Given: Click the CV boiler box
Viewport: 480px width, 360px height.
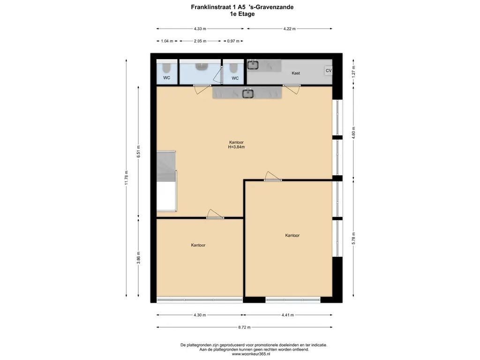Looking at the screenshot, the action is pyautogui.click(x=329, y=71).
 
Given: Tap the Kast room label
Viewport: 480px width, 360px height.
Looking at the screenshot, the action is pyautogui.click(x=296, y=73).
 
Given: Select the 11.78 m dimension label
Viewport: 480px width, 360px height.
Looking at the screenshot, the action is pyautogui.click(x=127, y=178).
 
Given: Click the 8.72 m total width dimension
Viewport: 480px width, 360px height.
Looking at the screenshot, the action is pyautogui.click(x=244, y=327).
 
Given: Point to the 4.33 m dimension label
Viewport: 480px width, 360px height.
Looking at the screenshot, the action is pyautogui.click(x=200, y=29).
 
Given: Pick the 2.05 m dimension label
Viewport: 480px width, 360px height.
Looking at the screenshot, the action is pyautogui.click(x=200, y=41).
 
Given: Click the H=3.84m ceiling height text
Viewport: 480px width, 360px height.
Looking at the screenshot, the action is pyautogui.click(x=236, y=147).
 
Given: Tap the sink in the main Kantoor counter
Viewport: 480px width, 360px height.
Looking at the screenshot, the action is pyautogui.click(x=248, y=93).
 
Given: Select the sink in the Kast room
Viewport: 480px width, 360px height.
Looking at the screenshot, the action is pyautogui.click(x=253, y=65).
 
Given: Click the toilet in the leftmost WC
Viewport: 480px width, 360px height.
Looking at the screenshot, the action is pyautogui.click(x=167, y=67).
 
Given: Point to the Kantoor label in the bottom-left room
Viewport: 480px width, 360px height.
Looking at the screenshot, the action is pyautogui.click(x=198, y=245).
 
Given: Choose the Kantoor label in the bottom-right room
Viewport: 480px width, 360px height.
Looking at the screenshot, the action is pyautogui.click(x=292, y=235).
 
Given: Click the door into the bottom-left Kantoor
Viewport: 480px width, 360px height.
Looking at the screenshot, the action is pyautogui.click(x=215, y=214).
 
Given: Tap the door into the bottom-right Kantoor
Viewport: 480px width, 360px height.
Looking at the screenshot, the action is pyautogui.click(x=273, y=176).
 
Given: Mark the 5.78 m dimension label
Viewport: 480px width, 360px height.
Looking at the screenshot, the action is pyautogui.click(x=353, y=239).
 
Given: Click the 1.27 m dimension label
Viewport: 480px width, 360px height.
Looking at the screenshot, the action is pyautogui.click(x=353, y=72).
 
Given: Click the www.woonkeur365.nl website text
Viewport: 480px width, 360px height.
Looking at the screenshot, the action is pyautogui.click(x=251, y=354).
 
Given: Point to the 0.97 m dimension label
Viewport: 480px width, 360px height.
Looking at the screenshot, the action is pyautogui.click(x=233, y=41).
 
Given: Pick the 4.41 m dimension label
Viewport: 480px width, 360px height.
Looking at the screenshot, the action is pyautogui.click(x=288, y=315).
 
